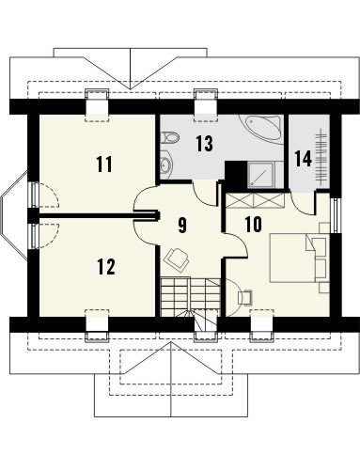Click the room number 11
tap(104, 164)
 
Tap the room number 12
tap(106, 267)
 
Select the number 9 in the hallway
tap(182, 226)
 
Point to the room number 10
tap(253, 225)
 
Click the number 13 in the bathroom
tap(205, 144)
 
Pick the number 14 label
tap(304, 159)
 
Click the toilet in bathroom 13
tap(169, 137)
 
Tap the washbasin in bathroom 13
tap(165, 164)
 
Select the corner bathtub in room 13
tap(260, 127)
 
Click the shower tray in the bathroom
tap(261, 175)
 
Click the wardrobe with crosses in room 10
tap(255, 200)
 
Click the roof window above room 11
tap(98, 106)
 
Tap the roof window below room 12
tap(97, 325)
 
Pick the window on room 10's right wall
tap(336, 215)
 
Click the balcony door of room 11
tap(34, 195)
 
